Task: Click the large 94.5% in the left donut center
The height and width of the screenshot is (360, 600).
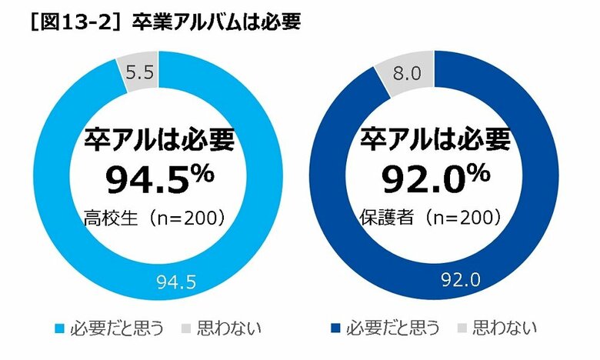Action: point(158,180)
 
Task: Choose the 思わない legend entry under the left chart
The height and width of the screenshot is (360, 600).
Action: point(228,329)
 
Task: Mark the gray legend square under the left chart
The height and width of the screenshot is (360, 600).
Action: point(185,329)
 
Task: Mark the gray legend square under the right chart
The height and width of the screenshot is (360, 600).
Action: point(462,329)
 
